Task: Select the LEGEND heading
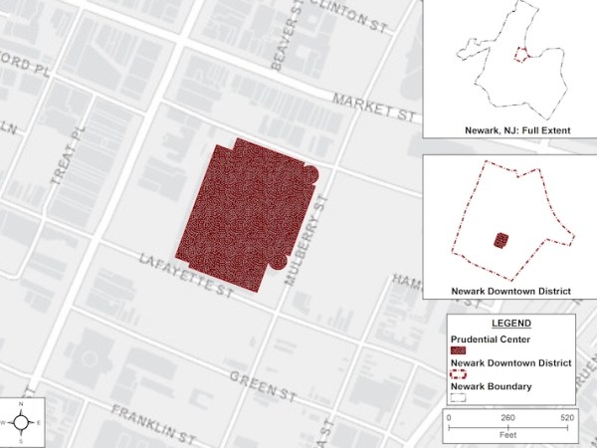pos(510,324)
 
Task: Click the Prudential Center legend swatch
pos(458,351)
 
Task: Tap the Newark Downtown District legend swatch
pos(458,374)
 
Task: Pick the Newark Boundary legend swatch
pos(458,397)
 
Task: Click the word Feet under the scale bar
pos(509,436)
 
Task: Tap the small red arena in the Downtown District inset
pos(501,240)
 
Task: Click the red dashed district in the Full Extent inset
pos(518,55)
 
